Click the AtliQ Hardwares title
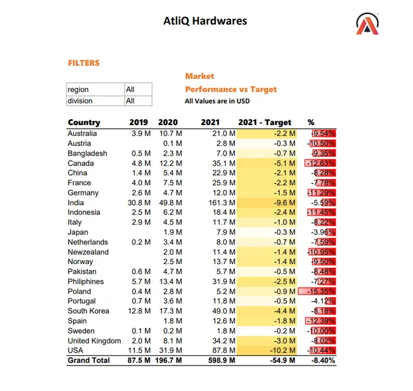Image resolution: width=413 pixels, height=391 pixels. click(205, 21)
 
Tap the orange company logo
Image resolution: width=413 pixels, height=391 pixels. click(367, 24)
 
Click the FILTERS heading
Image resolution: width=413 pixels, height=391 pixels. click(84, 63)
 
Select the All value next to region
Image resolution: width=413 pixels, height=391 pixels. click(130, 89)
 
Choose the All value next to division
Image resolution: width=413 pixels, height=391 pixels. click(130, 101)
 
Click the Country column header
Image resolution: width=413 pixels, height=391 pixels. click(84, 123)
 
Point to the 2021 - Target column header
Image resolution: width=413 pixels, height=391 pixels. click(265, 123)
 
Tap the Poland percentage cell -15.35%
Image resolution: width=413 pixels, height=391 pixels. click(321, 291)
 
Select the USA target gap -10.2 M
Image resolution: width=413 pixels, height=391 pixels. click(282, 350)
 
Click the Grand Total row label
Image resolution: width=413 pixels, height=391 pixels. click(89, 360)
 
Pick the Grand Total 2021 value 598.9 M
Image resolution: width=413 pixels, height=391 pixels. click(222, 360)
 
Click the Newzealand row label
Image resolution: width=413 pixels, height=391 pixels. click(88, 252)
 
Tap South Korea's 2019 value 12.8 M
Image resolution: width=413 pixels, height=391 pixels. click(139, 311)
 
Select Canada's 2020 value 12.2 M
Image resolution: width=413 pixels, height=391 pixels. click(171, 163)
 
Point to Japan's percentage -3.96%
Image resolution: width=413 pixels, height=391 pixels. click(323, 232)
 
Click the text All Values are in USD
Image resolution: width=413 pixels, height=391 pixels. click(217, 101)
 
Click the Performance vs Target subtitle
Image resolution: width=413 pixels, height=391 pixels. click(231, 89)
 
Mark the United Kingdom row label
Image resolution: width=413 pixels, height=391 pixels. click(94, 341)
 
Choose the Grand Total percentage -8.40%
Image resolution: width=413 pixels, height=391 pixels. click(323, 360)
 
